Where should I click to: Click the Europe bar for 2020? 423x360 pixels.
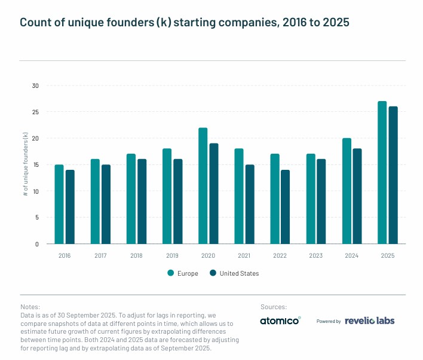click(203, 186)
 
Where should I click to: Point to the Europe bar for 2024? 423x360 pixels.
click(347, 191)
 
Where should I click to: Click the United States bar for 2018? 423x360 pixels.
click(142, 202)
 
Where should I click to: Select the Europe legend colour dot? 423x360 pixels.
click(171, 273)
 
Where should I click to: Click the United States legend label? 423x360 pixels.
click(239, 273)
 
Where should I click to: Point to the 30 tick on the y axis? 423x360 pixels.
click(35, 86)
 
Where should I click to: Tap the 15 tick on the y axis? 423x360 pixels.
click(35, 165)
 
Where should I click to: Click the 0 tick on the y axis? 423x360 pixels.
click(36, 244)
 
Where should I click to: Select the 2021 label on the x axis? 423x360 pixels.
click(244, 255)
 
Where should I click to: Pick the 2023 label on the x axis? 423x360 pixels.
click(315, 255)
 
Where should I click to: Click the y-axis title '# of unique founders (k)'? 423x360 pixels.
click(25, 164)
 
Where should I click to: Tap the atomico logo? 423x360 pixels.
click(280, 321)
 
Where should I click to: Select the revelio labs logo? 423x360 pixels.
click(370, 321)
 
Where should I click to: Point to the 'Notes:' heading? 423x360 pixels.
click(30, 307)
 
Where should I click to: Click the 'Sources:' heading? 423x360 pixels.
click(274, 307)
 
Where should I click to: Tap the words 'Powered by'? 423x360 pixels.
click(329, 321)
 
